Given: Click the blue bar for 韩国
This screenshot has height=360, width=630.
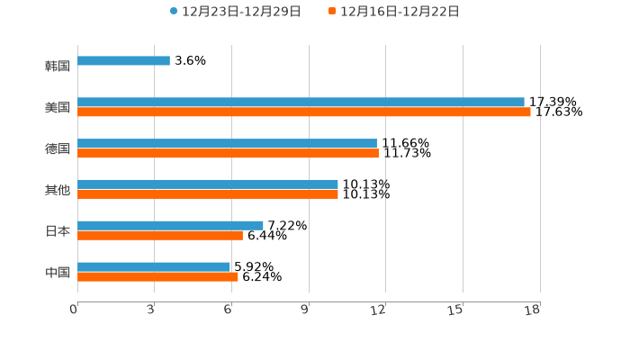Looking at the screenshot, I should click(123, 61).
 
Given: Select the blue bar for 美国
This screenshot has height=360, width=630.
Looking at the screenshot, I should click(301, 103).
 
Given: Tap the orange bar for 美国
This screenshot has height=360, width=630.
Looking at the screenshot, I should click(304, 112).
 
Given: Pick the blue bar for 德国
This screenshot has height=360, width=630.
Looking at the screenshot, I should click(227, 143).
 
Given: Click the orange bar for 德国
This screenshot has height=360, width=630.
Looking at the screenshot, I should click(228, 154).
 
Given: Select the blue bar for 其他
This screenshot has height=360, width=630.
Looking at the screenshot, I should click(208, 184).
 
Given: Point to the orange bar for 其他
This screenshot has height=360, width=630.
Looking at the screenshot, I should click(208, 194).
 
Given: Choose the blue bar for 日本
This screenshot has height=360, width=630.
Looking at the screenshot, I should click(170, 225).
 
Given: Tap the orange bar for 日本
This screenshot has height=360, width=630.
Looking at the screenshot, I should click(160, 236).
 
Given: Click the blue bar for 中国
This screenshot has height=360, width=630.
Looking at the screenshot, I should click(154, 266).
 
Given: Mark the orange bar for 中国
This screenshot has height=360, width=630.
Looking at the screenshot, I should click(157, 277).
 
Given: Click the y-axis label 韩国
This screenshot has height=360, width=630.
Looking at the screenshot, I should click(58, 66).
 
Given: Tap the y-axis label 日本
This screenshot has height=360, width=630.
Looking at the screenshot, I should click(58, 230).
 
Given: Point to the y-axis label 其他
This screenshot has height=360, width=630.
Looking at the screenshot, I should click(58, 189).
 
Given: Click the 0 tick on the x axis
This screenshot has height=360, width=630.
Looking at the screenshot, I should click(75, 310).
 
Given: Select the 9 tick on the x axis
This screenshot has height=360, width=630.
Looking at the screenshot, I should click(306, 310).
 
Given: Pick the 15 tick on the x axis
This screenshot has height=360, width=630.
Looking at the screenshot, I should click(457, 310).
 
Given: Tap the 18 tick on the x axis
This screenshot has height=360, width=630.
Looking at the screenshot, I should click(534, 310).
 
